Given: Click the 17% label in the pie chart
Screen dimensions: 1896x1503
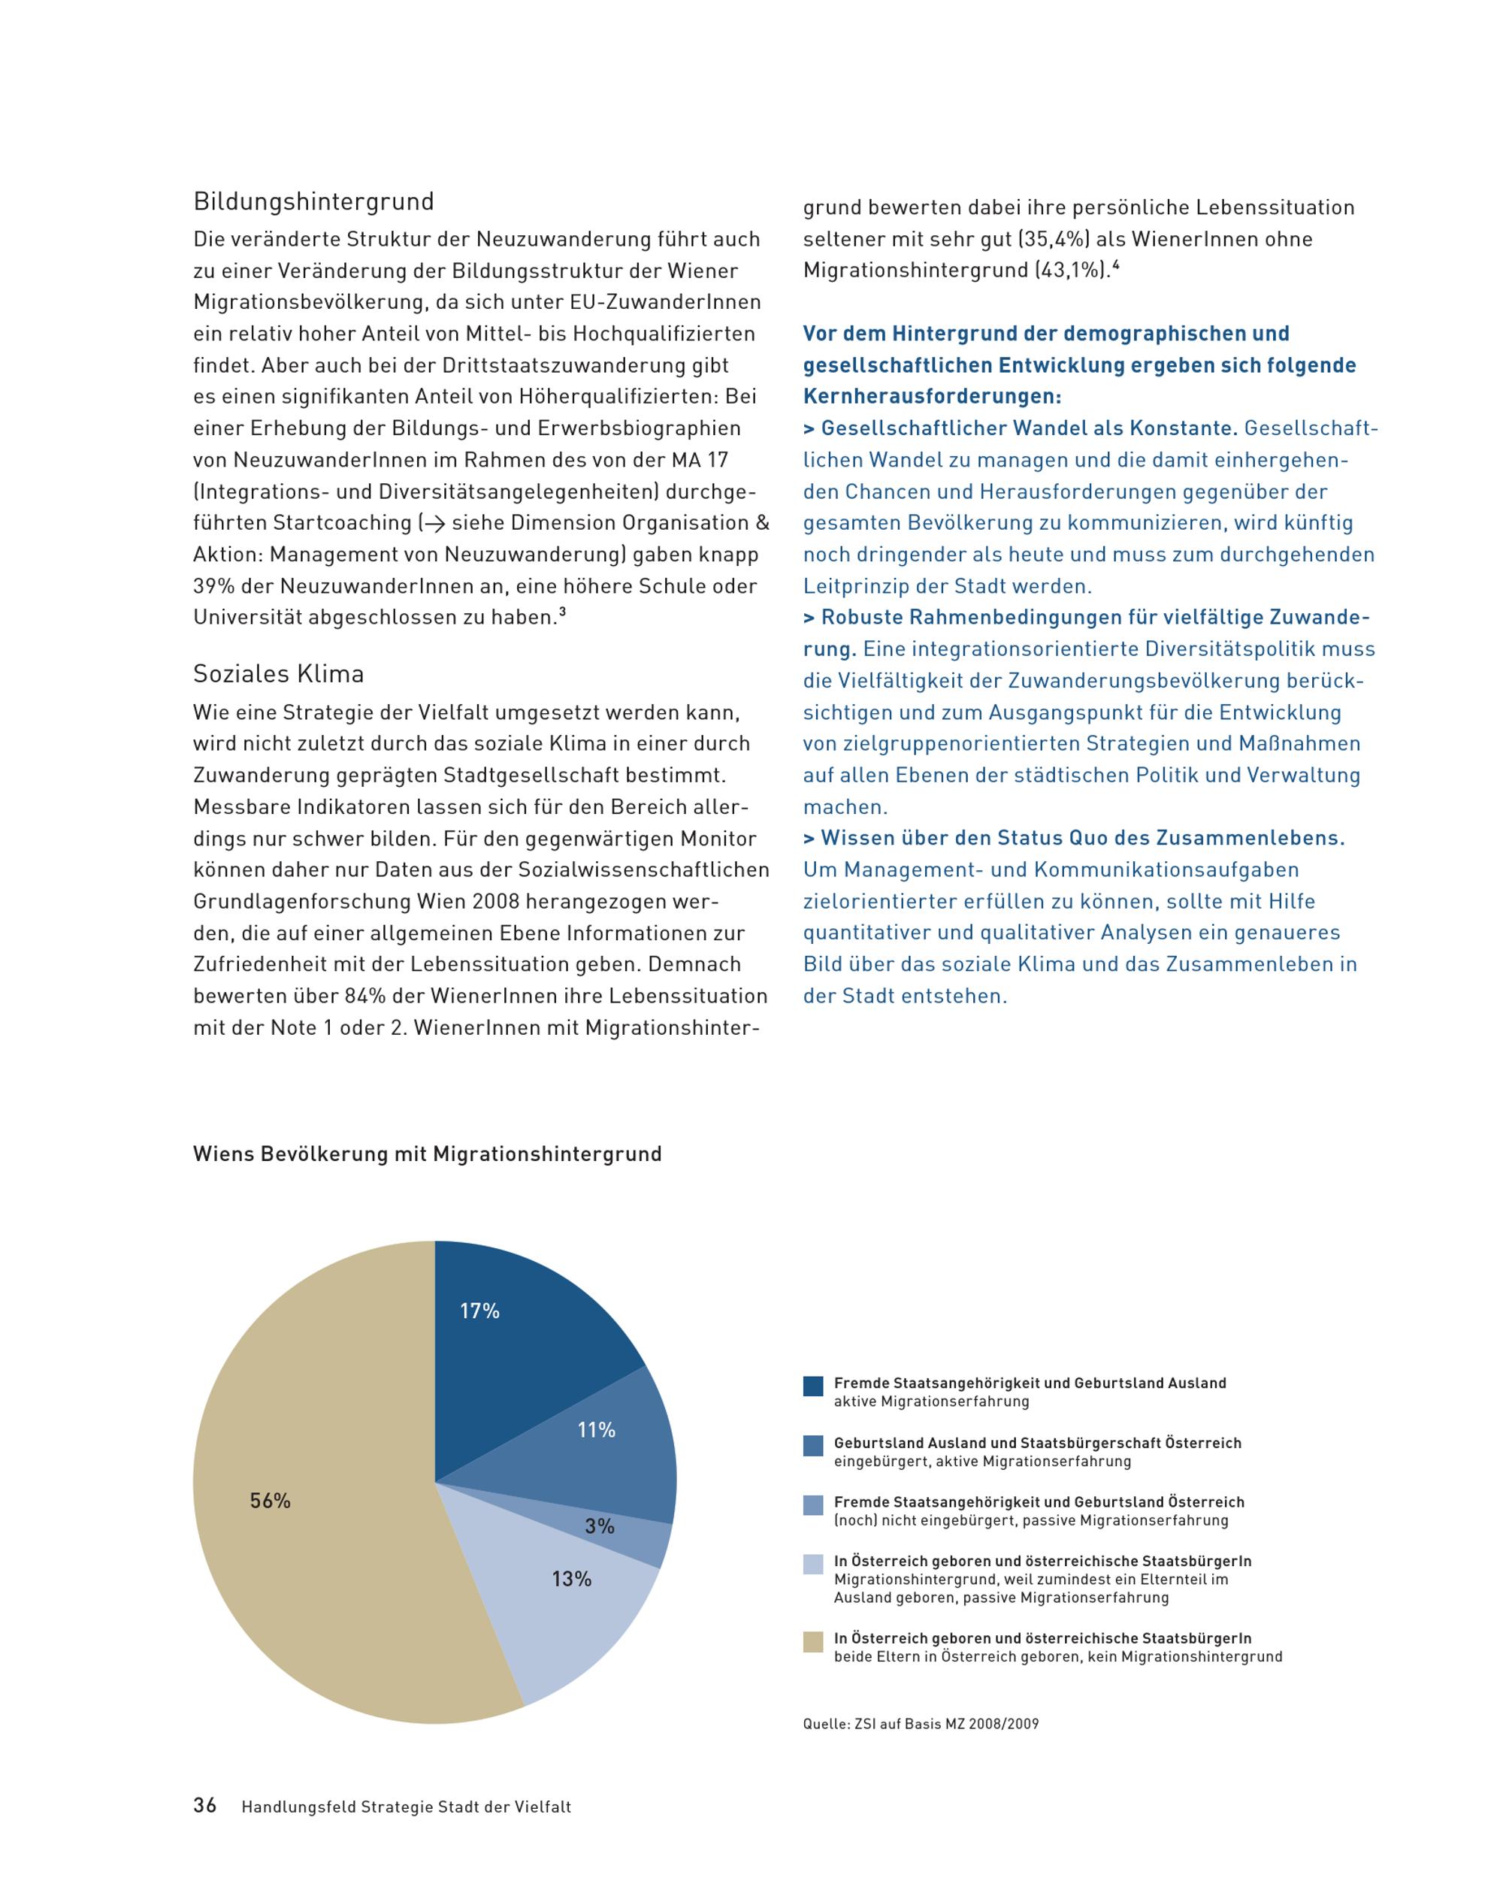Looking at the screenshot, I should point(479,1311).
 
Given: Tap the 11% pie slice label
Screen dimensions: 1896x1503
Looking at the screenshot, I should point(595,1431).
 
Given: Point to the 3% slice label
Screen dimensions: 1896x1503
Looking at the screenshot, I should point(599,1527).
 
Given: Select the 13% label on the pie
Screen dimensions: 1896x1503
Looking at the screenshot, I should point(571,1580).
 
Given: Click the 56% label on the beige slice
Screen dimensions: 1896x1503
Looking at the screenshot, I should point(270,1501).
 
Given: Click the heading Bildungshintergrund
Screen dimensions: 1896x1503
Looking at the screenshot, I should point(313,201).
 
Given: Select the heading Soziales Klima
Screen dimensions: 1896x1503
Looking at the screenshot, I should point(278,673).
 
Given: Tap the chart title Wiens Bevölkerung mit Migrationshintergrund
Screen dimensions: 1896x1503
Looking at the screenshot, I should point(427,1154).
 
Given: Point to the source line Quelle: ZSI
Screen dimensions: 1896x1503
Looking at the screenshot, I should point(920,1724).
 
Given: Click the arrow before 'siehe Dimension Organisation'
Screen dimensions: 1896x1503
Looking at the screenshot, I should point(434,523).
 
